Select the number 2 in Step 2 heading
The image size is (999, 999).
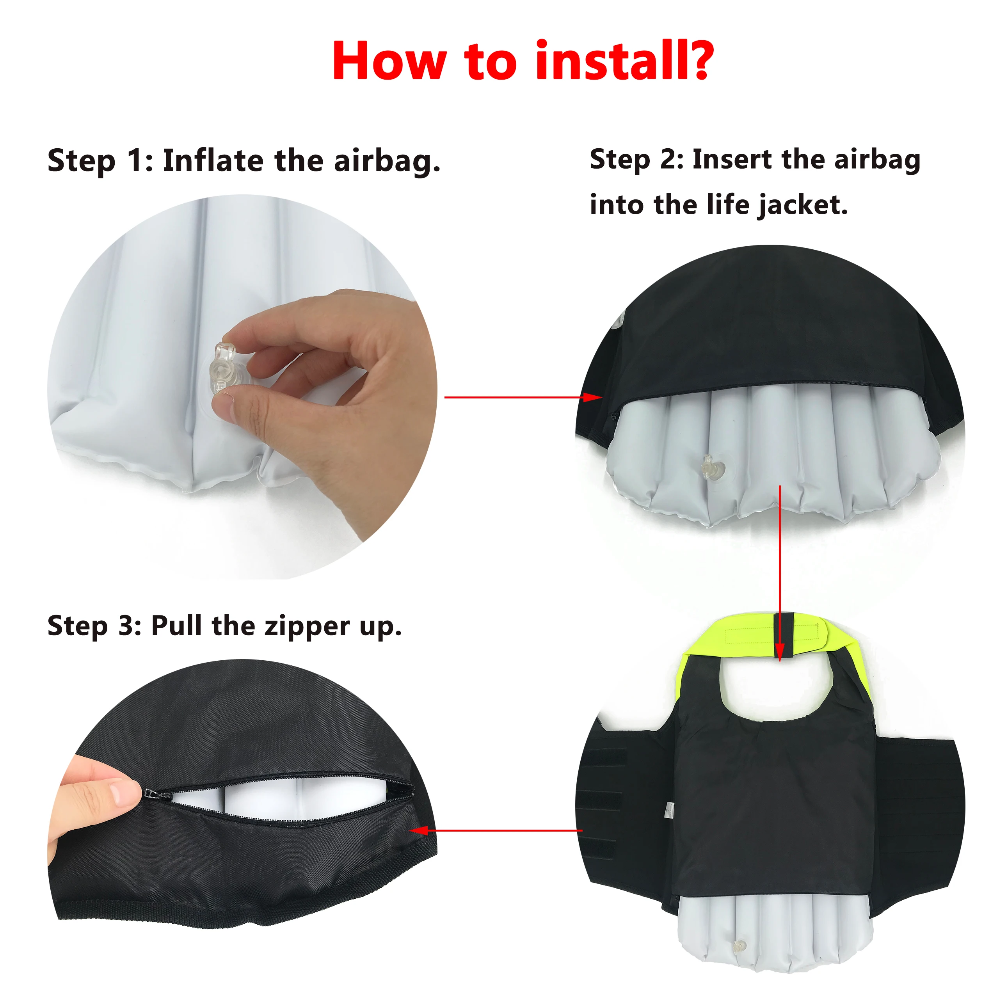coord(669,159)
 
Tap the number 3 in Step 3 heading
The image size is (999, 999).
coord(126,626)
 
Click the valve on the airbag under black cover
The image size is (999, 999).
coord(713,468)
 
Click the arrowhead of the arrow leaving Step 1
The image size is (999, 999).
coord(593,397)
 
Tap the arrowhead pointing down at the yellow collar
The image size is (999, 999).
coord(780,652)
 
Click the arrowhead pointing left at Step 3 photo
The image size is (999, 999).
coord(418,830)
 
